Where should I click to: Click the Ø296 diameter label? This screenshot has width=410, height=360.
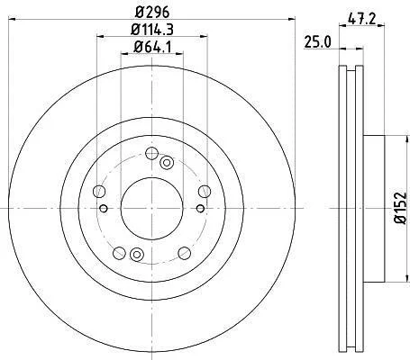152,13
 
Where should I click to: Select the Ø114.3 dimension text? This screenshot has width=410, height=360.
152,30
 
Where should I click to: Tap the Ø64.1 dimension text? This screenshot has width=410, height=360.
152,48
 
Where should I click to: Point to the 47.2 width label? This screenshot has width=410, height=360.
362,20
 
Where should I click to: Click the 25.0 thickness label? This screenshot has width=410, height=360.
317,42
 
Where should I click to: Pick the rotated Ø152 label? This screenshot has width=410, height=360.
400,208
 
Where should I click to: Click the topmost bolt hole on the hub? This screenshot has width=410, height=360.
151,153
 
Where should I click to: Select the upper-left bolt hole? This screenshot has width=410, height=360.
99,191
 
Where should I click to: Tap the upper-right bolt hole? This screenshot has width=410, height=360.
205,191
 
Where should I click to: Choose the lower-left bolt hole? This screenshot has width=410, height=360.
119,253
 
